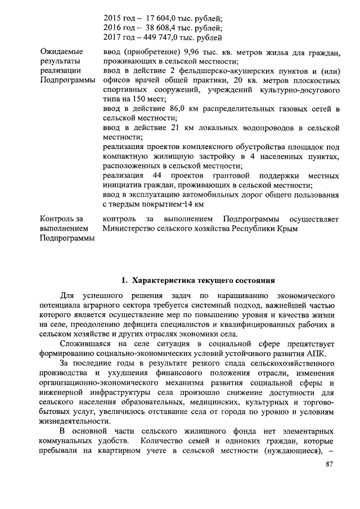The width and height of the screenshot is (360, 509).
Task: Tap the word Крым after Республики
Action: click(x=285, y=229)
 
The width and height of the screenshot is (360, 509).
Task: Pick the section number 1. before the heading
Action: click(x=125, y=280)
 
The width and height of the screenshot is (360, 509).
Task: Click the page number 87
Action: click(x=330, y=480)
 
